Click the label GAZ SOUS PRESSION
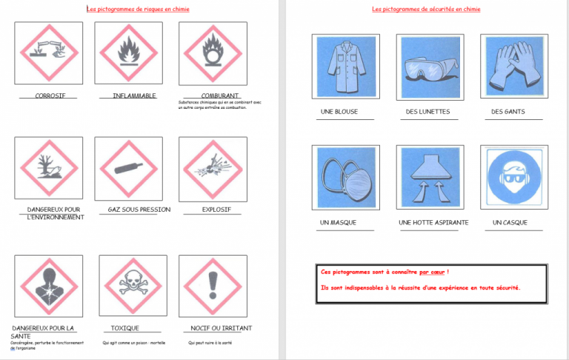(x=139, y=210)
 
